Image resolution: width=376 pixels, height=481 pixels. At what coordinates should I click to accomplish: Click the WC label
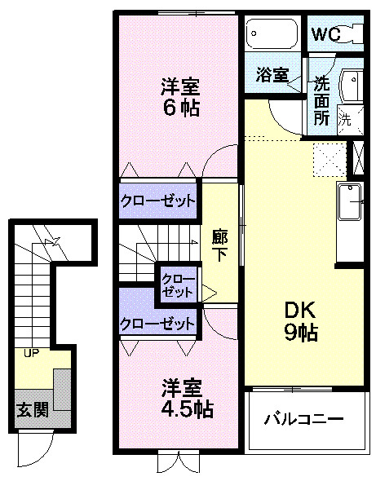[325, 35]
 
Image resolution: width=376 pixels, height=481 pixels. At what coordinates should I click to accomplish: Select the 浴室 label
[272, 75]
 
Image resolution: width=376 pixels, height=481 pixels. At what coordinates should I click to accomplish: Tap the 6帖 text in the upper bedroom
[179, 108]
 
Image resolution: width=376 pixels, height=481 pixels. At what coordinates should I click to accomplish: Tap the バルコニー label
[303, 419]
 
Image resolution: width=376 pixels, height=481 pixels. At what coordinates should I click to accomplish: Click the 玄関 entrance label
[33, 408]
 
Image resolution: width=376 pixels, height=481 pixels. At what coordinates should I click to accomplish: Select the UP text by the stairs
[31, 353]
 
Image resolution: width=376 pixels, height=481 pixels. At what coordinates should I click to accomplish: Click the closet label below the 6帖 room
[158, 200]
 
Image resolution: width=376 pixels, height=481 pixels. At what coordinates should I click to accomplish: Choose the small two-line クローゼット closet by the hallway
[177, 284]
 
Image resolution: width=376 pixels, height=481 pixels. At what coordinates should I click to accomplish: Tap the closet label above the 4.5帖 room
[158, 323]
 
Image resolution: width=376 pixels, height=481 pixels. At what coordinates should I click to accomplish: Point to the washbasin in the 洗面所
[352, 84]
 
